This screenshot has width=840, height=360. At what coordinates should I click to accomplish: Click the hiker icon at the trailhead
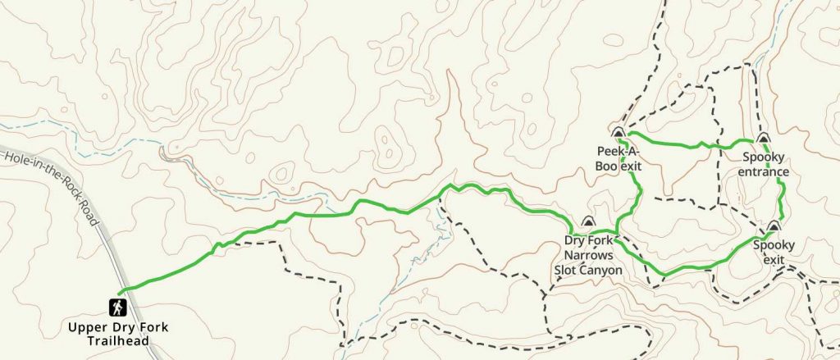point(119,308)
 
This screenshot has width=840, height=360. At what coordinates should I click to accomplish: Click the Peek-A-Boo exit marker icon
point(619,132)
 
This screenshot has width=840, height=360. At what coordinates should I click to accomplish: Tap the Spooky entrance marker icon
point(763,139)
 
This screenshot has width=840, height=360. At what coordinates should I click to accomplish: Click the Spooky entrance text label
point(763,166)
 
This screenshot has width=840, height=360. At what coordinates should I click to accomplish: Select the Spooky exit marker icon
point(773,226)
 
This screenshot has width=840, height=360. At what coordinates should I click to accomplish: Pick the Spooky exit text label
point(773,253)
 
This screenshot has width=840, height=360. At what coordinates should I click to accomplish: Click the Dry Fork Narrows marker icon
point(587,221)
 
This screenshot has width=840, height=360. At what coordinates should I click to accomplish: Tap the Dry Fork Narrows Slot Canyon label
point(593,255)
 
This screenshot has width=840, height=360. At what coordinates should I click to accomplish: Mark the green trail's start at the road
point(119,292)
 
